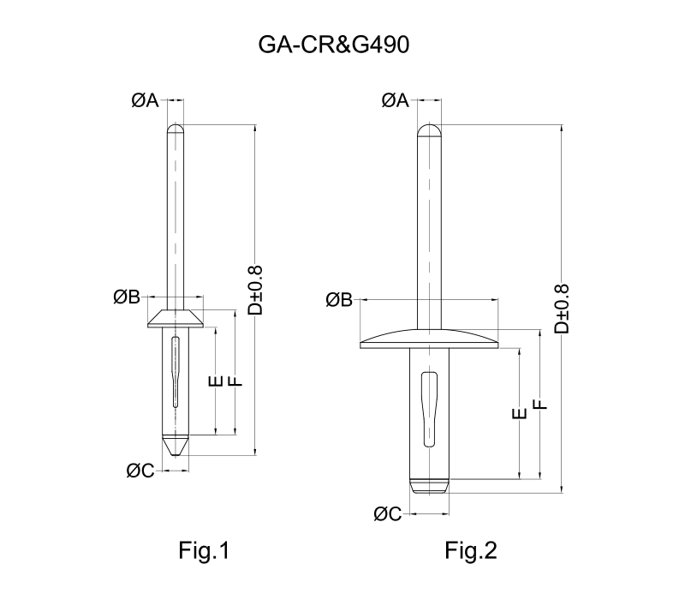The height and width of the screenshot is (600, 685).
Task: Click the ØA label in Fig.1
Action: click(x=146, y=101)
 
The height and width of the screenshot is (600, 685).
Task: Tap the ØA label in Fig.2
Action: click(x=395, y=101)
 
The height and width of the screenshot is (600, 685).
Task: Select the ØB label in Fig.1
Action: click(x=127, y=297)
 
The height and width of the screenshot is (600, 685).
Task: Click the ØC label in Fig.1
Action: click(x=140, y=470)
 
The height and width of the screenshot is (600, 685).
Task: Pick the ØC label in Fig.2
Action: click(x=388, y=513)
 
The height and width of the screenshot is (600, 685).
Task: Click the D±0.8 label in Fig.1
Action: click(x=254, y=290)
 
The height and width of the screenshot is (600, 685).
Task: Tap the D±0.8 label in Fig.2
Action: click(x=561, y=309)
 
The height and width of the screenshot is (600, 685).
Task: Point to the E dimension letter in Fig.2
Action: click(x=518, y=416)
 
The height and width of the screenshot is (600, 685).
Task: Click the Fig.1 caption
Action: click(x=203, y=550)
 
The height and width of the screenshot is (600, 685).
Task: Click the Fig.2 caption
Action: click(x=471, y=550)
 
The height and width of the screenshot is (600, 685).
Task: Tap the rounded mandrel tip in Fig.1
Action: click(x=176, y=130)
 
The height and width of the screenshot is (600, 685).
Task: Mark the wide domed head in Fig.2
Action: click(x=429, y=340)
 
